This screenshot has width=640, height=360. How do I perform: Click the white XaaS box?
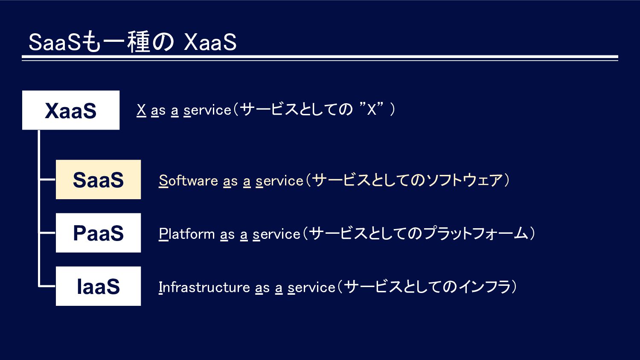(71, 110)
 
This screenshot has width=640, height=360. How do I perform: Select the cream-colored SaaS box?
(98, 180)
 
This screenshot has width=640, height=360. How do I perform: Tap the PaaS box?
(98, 233)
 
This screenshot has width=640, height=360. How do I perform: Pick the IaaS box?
(98, 286)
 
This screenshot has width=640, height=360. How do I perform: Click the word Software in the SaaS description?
(188, 180)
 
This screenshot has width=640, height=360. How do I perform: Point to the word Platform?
(186, 234)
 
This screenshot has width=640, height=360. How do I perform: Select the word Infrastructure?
(204, 287)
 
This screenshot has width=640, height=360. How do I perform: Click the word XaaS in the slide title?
(210, 42)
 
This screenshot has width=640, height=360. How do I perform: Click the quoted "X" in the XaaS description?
(372, 109)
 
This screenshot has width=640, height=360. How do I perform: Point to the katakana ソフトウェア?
(464, 180)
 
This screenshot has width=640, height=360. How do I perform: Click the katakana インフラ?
(485, 287)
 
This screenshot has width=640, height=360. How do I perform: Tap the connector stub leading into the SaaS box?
(47, 180)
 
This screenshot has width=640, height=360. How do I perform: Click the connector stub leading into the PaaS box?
(47, 233)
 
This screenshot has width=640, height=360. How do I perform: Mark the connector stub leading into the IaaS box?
(47, 286)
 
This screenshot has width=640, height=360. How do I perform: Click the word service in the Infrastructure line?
(311, 287)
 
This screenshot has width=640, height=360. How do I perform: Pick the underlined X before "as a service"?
(141, 110)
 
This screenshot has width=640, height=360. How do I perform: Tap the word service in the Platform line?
(276, 234)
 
